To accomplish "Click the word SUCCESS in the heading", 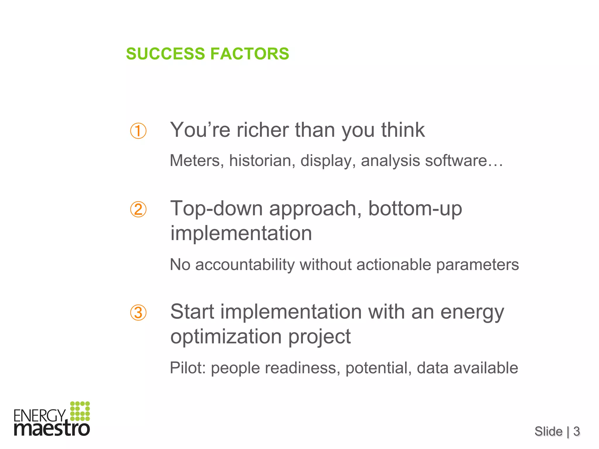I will (166, 54).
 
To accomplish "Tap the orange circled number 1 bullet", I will (138, 131).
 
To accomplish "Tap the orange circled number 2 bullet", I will (138, 210).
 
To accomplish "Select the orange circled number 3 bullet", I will (138, 313).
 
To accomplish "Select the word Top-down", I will (216, 208).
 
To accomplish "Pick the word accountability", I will (245, 265).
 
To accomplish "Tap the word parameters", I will (477, 265).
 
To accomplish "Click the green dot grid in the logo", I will (80, 411).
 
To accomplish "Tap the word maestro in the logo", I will (52, 429).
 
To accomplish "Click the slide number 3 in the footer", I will (576, 431).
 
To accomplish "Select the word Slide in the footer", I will (548, 431).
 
